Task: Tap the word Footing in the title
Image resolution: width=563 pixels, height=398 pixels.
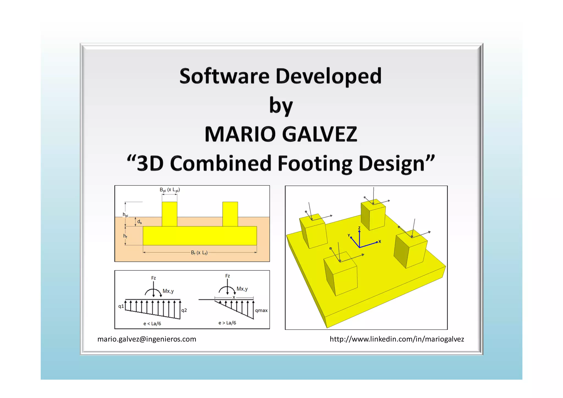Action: [315, 163]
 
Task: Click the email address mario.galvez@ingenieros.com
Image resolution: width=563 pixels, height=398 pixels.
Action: [147, 339]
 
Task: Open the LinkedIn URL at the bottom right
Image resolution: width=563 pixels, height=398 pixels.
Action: [397, 339]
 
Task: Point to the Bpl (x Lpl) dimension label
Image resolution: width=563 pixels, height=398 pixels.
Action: [170, 190]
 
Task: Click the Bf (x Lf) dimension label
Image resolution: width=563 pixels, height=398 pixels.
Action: [199, 252]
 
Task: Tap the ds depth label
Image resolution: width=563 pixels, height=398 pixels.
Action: [140, 222]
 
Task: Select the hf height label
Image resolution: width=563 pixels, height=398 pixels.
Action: [125, 236]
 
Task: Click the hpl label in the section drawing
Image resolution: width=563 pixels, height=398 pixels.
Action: [125, 215]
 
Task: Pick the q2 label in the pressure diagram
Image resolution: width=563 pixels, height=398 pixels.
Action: [184, 310]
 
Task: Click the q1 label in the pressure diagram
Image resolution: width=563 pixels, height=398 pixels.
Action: [121, 306]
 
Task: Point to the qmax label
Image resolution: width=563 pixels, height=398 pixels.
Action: [261, 311]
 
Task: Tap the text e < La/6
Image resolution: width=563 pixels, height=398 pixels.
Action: [152, 324]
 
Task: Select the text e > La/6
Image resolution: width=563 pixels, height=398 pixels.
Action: [227, 323]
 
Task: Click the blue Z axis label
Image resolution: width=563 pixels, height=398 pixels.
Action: [359, 228]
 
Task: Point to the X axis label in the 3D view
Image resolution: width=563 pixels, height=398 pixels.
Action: [380, 241]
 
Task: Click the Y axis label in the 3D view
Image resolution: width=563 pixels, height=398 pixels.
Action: [349, 235]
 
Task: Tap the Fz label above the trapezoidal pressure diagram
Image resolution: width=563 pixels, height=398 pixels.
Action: [153, 278]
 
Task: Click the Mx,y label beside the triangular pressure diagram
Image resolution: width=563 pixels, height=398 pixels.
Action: [242, 289]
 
